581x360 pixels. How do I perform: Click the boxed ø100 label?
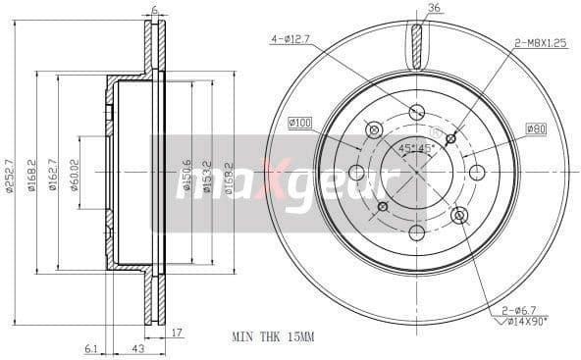click(300, 122)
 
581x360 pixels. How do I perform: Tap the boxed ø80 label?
click(535, 129)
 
